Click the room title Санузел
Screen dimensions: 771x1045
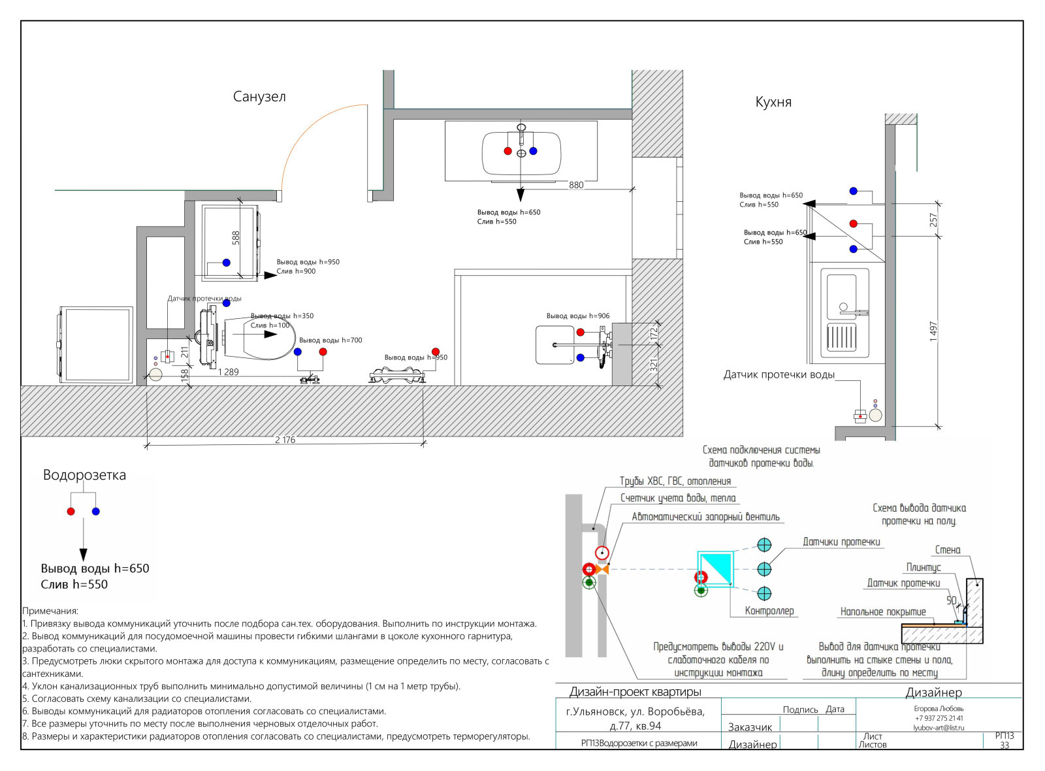(259, 97)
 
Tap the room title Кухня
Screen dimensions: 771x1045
(773, 102)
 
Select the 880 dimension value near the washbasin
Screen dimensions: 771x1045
(576, 185)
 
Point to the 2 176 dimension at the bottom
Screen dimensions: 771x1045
(285, 440)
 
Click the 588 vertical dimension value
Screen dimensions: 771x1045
(236, 238)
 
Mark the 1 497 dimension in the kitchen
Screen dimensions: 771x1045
(933, 331)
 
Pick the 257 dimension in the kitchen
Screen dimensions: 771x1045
(933, 220)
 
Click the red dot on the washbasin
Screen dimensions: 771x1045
(507, 151)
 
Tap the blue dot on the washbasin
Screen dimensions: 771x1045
(533, 151)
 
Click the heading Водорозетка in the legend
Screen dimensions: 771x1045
(84, 475)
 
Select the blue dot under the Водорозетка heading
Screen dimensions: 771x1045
(96, 511)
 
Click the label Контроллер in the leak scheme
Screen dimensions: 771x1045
(769, 611)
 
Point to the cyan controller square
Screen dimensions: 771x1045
(715, 569)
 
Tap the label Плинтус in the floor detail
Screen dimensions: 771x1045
(923, 567)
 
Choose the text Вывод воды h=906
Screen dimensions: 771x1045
(577, 316)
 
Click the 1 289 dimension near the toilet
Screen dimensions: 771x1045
(228, 372)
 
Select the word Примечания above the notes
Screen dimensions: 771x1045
(50, 611)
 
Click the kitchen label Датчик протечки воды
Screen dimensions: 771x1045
(779, 374)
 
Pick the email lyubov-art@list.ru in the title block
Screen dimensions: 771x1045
(938, 727)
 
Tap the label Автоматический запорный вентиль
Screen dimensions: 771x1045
(705, 517)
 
